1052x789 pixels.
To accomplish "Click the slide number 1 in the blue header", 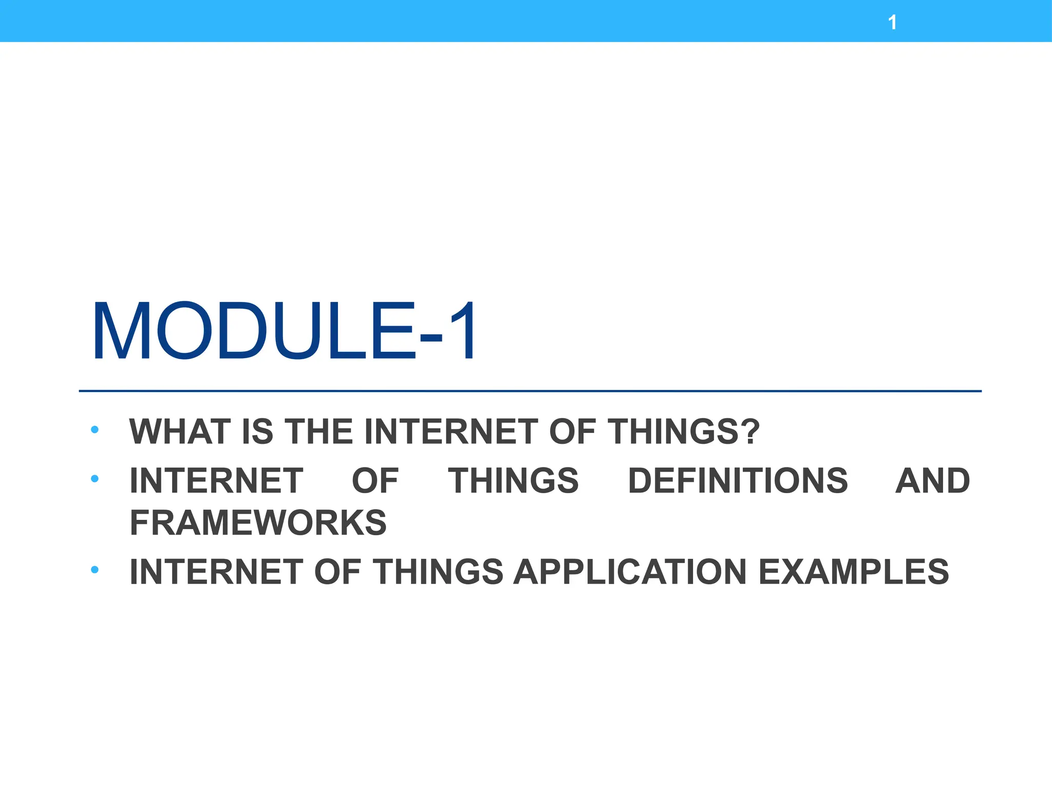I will click(x=893, y=23).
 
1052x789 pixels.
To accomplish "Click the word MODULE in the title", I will click(x=254, y=331).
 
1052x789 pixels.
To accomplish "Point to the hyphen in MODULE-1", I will click(x=430, y=337).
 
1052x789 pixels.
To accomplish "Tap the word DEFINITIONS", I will click(x=738, y=481).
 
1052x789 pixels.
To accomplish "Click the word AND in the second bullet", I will click(x=932, y=481).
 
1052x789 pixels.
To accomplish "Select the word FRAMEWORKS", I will click(x=258, y=523).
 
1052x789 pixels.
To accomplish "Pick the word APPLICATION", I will click(x=630, y=572).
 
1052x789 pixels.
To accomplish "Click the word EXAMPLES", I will click(x=853, y=572).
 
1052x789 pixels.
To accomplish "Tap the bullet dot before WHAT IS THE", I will click(x=95, y=430).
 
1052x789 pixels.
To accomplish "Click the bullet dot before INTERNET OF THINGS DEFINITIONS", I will click(x=95, y=479).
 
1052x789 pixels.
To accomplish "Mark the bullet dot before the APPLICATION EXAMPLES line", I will click(x=95, y=570).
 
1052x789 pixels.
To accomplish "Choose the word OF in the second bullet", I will click(x=375, y=481).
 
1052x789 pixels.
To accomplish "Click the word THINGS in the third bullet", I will click(x=438, y=572).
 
